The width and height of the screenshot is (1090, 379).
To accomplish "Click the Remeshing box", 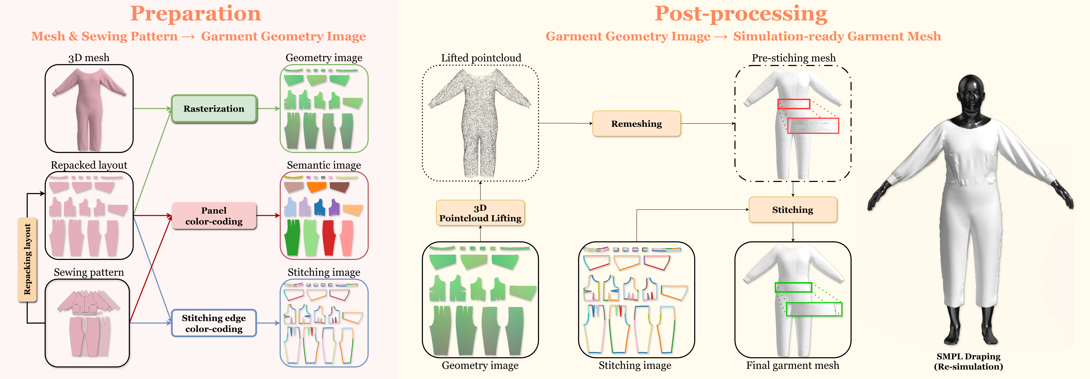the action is tap(636, 123).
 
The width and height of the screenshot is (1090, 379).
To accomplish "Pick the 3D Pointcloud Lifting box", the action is tap(480, 213).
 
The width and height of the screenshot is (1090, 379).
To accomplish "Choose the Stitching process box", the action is tap(793, 210).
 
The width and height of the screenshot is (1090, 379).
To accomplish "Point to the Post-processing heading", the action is tap(741, 13).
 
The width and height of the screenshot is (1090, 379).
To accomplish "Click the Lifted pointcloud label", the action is tap(481, 58).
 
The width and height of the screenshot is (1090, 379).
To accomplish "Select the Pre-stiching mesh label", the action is tap(793, 58).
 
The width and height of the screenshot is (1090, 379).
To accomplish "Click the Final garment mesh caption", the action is tap(793, 366).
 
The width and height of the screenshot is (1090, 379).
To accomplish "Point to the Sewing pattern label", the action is tap(89, 273).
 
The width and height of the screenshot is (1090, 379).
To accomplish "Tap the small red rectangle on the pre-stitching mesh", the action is tap(794, 104).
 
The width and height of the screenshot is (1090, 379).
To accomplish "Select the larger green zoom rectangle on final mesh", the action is tap(814, 309).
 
